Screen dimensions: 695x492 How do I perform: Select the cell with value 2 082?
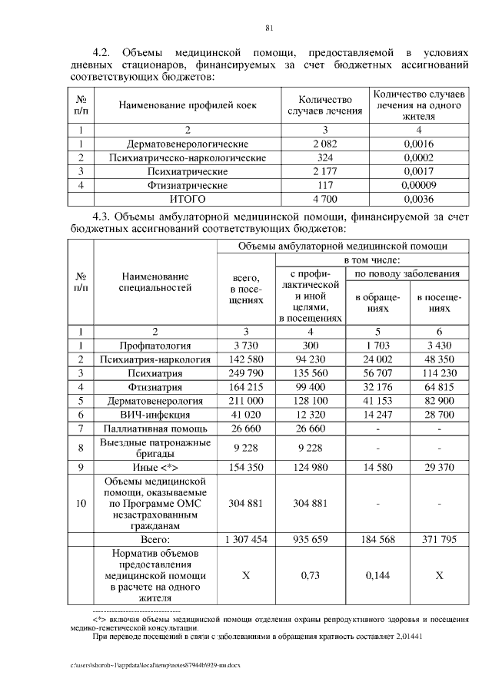click(x=325, y=144)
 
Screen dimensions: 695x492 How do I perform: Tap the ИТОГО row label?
click(x=188, y=199)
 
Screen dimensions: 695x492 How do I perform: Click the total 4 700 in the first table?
click(x=325, y=199)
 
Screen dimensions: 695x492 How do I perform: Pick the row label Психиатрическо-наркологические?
click(x=188, y=157)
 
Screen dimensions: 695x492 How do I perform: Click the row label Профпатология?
click(x=155, y=346)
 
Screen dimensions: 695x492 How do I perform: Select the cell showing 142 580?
click(x=246, y=359)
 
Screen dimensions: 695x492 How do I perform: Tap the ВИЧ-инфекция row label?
click(x=155, y=415)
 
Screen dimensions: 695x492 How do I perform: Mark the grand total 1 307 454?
click(x=246, y=540)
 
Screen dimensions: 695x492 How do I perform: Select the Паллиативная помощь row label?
click(x=155, y=429)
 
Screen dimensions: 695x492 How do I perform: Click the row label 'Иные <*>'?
click(x=155, y=466)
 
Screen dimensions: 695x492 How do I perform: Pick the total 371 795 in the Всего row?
click(x=439, y=540)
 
